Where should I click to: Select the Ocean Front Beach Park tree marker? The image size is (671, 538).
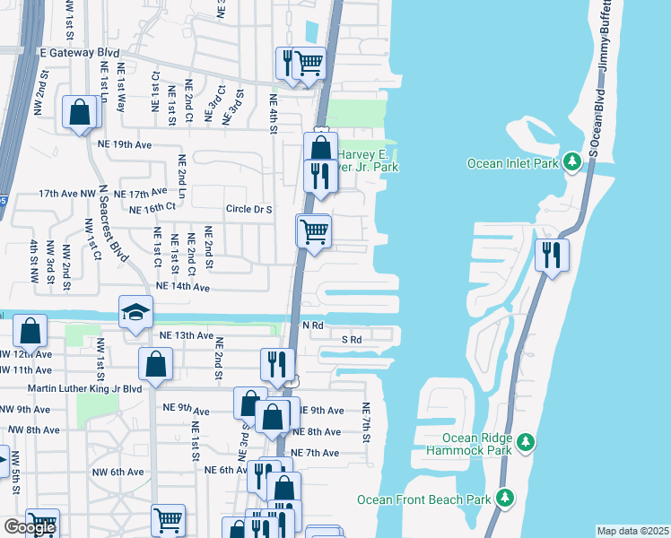coord(506,498)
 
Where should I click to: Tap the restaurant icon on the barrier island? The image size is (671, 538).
coord(551,255)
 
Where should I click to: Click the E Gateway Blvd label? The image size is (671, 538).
coord(80,53)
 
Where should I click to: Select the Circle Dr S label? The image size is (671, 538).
coord(248,210)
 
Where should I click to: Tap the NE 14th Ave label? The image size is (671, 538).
coord(182,288)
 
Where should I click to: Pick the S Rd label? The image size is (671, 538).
coord(351,340)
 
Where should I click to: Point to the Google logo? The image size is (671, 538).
coord(30,527)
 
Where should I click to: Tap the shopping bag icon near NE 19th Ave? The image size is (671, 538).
coord(80,113)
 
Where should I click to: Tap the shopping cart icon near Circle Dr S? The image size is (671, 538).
coord(314,230)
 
